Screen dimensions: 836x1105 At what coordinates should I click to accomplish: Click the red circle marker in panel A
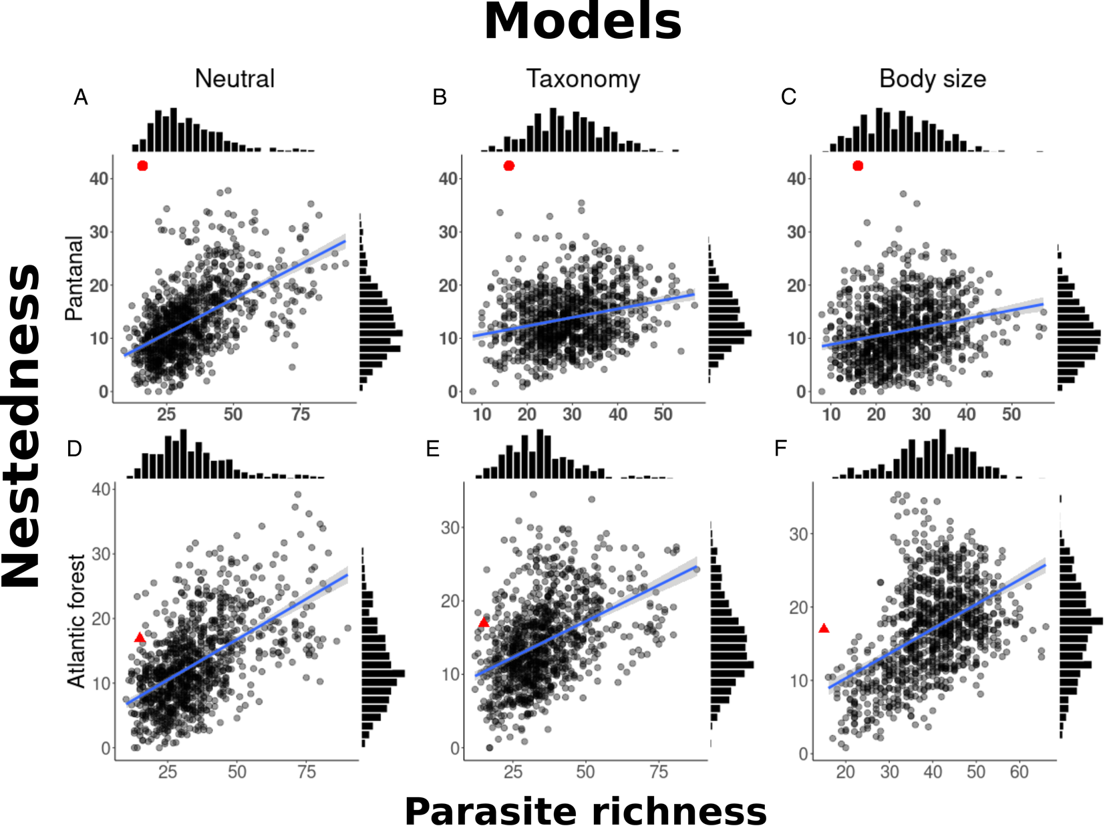tap(142, 166)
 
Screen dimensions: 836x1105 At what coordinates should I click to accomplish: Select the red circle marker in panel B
tap(509, 166)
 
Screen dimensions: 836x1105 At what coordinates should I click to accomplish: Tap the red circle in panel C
tap(858, 166)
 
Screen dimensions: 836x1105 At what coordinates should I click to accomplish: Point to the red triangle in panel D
tap(140, 638)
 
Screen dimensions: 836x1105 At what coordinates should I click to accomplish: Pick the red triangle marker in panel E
tap(484, 623)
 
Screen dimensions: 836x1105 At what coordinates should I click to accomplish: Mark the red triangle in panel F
tap(824, 629)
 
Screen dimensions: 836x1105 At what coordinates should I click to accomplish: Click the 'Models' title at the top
tap(582, 22)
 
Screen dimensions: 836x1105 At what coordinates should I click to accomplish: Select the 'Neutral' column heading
tap(234, 79)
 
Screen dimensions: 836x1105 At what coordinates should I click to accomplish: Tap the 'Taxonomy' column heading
tap(583, 79)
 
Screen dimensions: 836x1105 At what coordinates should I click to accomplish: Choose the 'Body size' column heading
tap(932, 79)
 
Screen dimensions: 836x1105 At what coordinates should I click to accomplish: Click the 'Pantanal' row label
tap(74, 278)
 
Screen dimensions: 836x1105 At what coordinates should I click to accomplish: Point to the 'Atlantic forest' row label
tap(76, 620)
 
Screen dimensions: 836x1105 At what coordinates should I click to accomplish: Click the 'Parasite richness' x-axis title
tap(585, 812)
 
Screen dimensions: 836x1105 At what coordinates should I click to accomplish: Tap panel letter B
tap(439, 98)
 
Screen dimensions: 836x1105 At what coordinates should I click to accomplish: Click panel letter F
tap(780, 449)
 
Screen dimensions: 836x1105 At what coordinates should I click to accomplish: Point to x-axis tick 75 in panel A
tap(301, 415)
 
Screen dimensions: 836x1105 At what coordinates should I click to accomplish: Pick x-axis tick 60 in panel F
tap(1019, 773)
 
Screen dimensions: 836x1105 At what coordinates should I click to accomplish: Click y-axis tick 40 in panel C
tap(796, 179)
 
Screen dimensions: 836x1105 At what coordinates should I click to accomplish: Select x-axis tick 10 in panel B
tap(482, 415)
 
